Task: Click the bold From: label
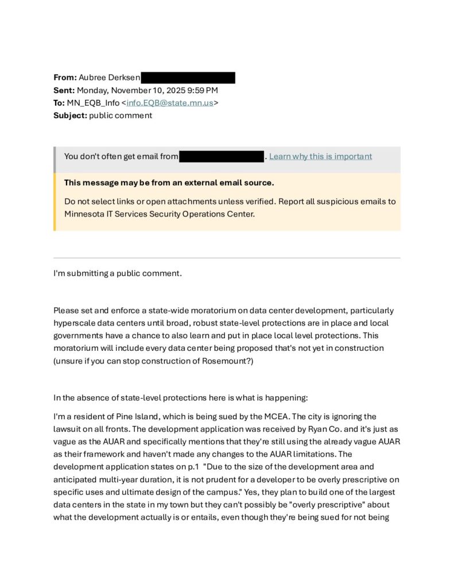tap(65, 78)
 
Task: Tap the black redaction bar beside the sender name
tap(188, 78)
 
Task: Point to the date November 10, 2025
tap(156, 90)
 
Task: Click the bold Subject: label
tap(70, 115)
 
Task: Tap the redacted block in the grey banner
tap(222, 156)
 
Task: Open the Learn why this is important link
tap(320, 156)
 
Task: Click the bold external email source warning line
tap(169, 183)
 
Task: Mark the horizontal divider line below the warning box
tap(227, 258)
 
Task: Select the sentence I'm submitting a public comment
tap(118, 273)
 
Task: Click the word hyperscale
tap(75, 323)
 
